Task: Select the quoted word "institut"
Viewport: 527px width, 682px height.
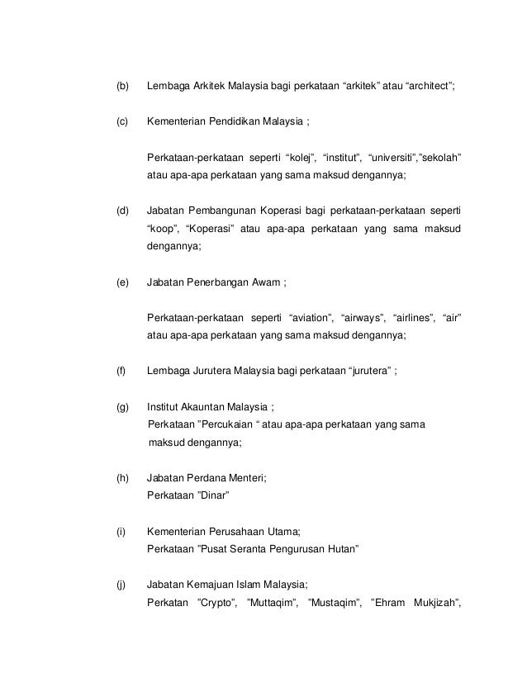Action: [x=342, y=157]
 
